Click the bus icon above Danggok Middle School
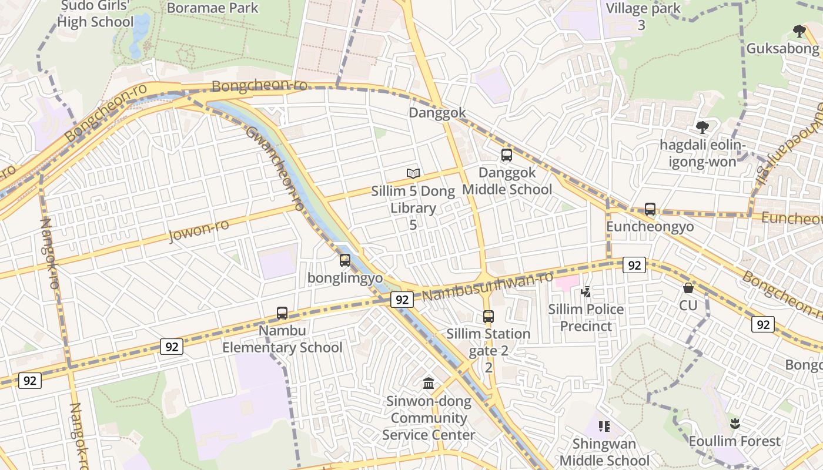(506, 155)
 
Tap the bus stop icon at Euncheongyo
(650, 209)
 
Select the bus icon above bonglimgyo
(345, 260)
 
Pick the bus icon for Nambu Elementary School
(282, 313)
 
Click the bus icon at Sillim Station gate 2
(488, 317)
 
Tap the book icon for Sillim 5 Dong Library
(413, 173)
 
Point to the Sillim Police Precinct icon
(586, 291)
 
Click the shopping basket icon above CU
(688, 288)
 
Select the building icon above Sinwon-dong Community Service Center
(429, 384)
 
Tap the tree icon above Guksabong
(798, 31)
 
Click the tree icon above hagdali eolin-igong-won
(702, 127)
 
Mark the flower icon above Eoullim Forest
(734, 423)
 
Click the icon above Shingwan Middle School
(603, 426)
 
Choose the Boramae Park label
(212, 8)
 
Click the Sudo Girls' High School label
(97, 14)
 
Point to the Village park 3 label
(643, 16)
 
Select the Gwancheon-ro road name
(275, 168)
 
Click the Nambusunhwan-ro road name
(488, 286)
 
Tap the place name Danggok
(437, 113)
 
